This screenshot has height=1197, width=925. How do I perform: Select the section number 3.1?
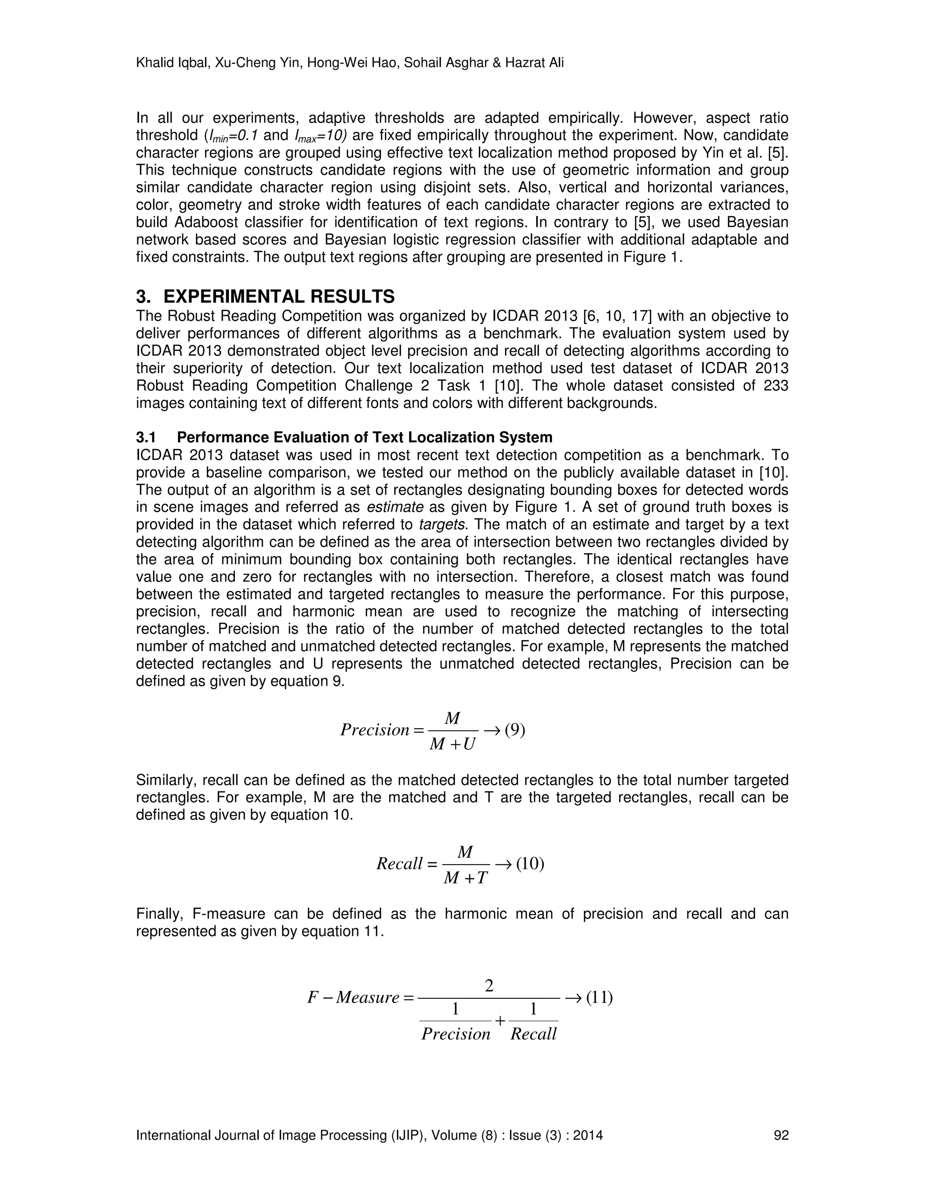(146, 437)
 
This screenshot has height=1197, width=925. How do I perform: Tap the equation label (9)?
(514, 729)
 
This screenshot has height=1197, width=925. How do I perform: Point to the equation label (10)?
(530, 864)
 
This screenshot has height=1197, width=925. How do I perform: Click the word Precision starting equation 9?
(375, 730)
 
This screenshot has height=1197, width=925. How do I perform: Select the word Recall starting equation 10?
(399, 864)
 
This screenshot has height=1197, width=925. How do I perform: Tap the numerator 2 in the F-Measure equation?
(489, 986)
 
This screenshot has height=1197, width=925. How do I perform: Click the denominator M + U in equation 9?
(453, 744)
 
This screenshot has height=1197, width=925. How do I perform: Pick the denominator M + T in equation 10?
(465, 879)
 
